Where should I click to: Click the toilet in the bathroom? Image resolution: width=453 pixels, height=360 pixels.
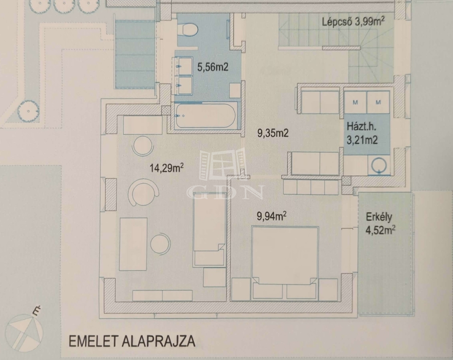point(188,29)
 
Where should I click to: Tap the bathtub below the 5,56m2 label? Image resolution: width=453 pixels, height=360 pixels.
point(205,116)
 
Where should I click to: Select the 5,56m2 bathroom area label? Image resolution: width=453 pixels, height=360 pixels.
point(212,67)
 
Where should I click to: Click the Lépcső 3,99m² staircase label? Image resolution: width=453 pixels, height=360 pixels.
point(353,22)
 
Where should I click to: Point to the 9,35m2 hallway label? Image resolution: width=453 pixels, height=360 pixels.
point(273,133)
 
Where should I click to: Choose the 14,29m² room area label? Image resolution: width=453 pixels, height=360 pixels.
point(166,168)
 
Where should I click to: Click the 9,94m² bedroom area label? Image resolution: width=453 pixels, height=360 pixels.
point(272,216)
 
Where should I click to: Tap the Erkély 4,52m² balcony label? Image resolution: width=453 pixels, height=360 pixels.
point(380,224)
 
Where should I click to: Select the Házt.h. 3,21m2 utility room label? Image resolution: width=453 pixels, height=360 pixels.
point(362,133)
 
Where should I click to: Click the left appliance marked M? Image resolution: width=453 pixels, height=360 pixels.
point(355,102)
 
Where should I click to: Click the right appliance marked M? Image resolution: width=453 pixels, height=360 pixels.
point(378,102)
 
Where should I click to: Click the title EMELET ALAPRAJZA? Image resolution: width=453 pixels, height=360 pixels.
point(132,341)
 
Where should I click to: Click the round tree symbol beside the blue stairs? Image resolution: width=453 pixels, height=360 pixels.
point(28,111)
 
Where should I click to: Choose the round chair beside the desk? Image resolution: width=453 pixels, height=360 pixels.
point(160,243)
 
